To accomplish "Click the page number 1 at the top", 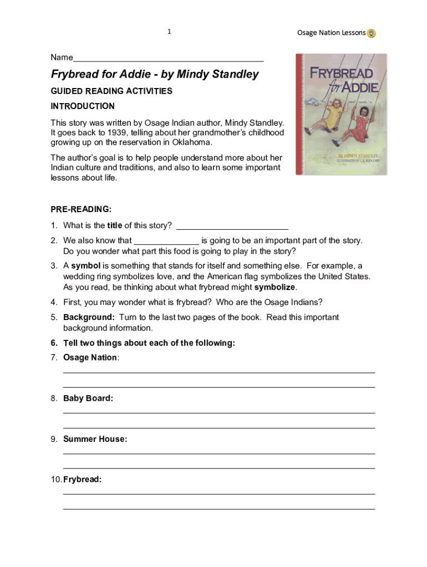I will (x=169, y=32).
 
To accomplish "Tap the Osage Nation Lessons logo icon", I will (x=372, y=33).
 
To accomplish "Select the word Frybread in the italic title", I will (x=74, y=74).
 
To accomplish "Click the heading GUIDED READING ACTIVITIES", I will (x=111, y=91).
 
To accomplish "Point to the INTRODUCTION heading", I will (x=83, y=106).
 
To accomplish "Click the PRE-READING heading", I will (x=81, y=209).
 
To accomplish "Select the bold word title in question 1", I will (x=115, y=225).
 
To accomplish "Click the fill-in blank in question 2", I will (x=166, y=241).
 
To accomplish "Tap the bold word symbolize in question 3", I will (x=274, y=287).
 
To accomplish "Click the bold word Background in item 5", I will (x=89, y=317).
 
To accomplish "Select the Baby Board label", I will (x=88, y=398).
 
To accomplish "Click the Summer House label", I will (x=95, y=439).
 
